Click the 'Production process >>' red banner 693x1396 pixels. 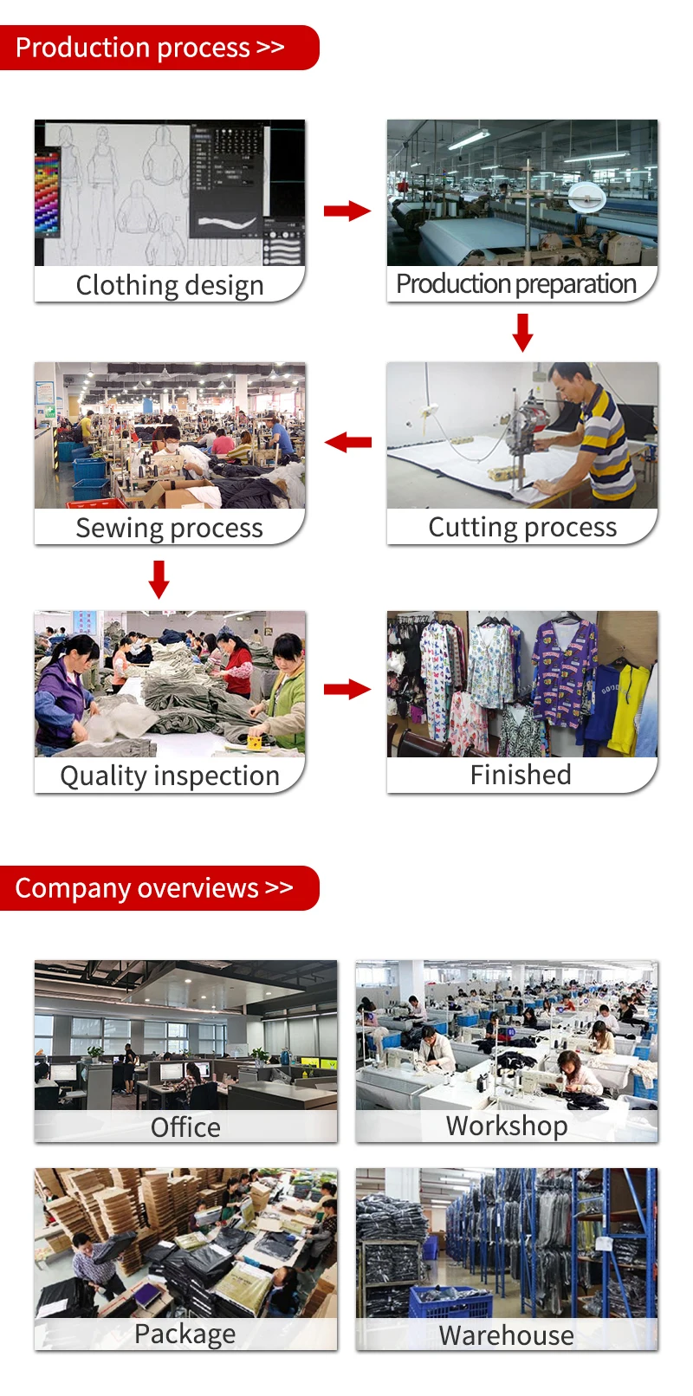[x=156, y=48]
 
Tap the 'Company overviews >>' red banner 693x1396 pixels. [x=156, y=888]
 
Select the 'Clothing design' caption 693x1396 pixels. [x=170, y=285]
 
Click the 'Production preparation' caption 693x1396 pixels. [x=516, y=284]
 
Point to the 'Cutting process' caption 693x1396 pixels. [x=522, y=527]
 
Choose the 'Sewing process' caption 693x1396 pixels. [x=170, y=528]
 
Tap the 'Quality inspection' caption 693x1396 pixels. [x=170, y=776]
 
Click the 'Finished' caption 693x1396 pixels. [x=521, y=775]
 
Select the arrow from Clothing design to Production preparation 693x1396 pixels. [x=346, y=211]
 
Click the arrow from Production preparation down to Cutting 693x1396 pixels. [x=522, y=332]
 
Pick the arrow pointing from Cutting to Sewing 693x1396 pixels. [x=348, y=442]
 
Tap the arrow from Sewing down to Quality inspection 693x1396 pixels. [x=159, y=579]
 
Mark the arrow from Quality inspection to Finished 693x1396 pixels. [x=346, y=690]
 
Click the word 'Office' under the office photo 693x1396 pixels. [x=185, y=1127]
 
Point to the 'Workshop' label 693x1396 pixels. [x=507, y=1126]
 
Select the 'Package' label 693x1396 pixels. [x=185, y=1334]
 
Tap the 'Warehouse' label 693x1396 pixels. [x=507, y=1335]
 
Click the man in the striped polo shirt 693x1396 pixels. [x=598, y=433]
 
